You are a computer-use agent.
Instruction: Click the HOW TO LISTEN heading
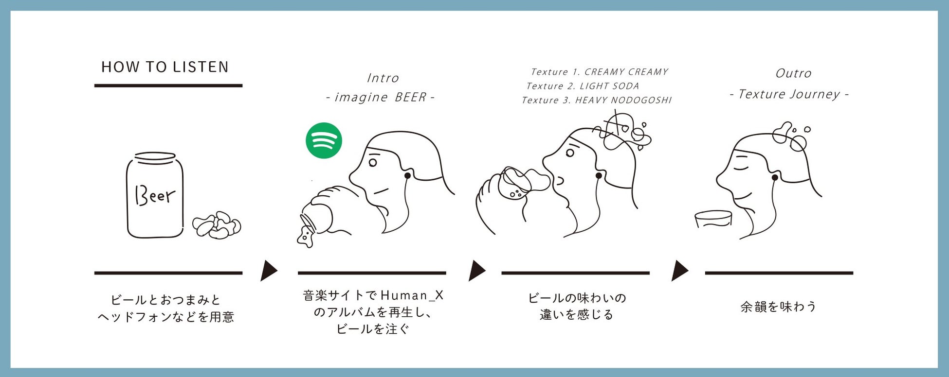(x=165, y=67)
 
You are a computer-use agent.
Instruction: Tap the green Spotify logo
(x=324, y=140)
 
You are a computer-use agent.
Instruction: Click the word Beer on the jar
(x=155, y=195)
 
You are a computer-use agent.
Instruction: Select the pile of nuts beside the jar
(x=217, y=225)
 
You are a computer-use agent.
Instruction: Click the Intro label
(x=383, y=78)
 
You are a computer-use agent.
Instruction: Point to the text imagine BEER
(x=380, y=97)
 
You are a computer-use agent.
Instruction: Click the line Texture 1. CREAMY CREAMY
(x=599, y=72)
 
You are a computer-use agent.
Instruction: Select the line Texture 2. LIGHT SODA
(x=583, y=86)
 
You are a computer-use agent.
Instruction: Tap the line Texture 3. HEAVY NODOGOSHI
(x=596, y=100)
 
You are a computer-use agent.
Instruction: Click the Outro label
(x=793, y=73)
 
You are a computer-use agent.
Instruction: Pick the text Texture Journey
(x=789, y=94)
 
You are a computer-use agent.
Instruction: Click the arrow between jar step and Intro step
(x=268, y=271)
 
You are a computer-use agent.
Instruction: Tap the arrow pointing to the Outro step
(x=679, y=271)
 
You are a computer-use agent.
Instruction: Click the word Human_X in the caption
(x=412, y=295)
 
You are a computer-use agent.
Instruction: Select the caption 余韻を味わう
(x=778, y=307)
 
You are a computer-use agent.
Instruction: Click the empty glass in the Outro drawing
(x=713, y=220)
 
